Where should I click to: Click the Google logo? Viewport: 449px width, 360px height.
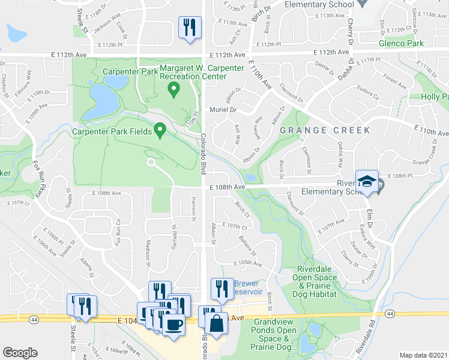[x=20, y=353]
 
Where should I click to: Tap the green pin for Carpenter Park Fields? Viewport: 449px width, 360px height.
[x=160, y=129]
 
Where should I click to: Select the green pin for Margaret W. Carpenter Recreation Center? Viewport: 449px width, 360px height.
[x=174, y=90]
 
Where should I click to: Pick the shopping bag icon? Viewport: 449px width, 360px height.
[x=216, y=324]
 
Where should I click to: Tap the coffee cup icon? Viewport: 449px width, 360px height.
[x=174, y=324]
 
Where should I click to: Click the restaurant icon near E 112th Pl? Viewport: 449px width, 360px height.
[x=190, y=27]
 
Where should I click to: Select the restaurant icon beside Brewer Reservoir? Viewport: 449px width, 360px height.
[x=222, y=289]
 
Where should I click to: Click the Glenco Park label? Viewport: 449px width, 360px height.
[x=401, y=43]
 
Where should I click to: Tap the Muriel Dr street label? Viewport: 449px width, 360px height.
[x=223, y=110]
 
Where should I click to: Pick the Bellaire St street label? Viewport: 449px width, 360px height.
[x=249, y=244]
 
